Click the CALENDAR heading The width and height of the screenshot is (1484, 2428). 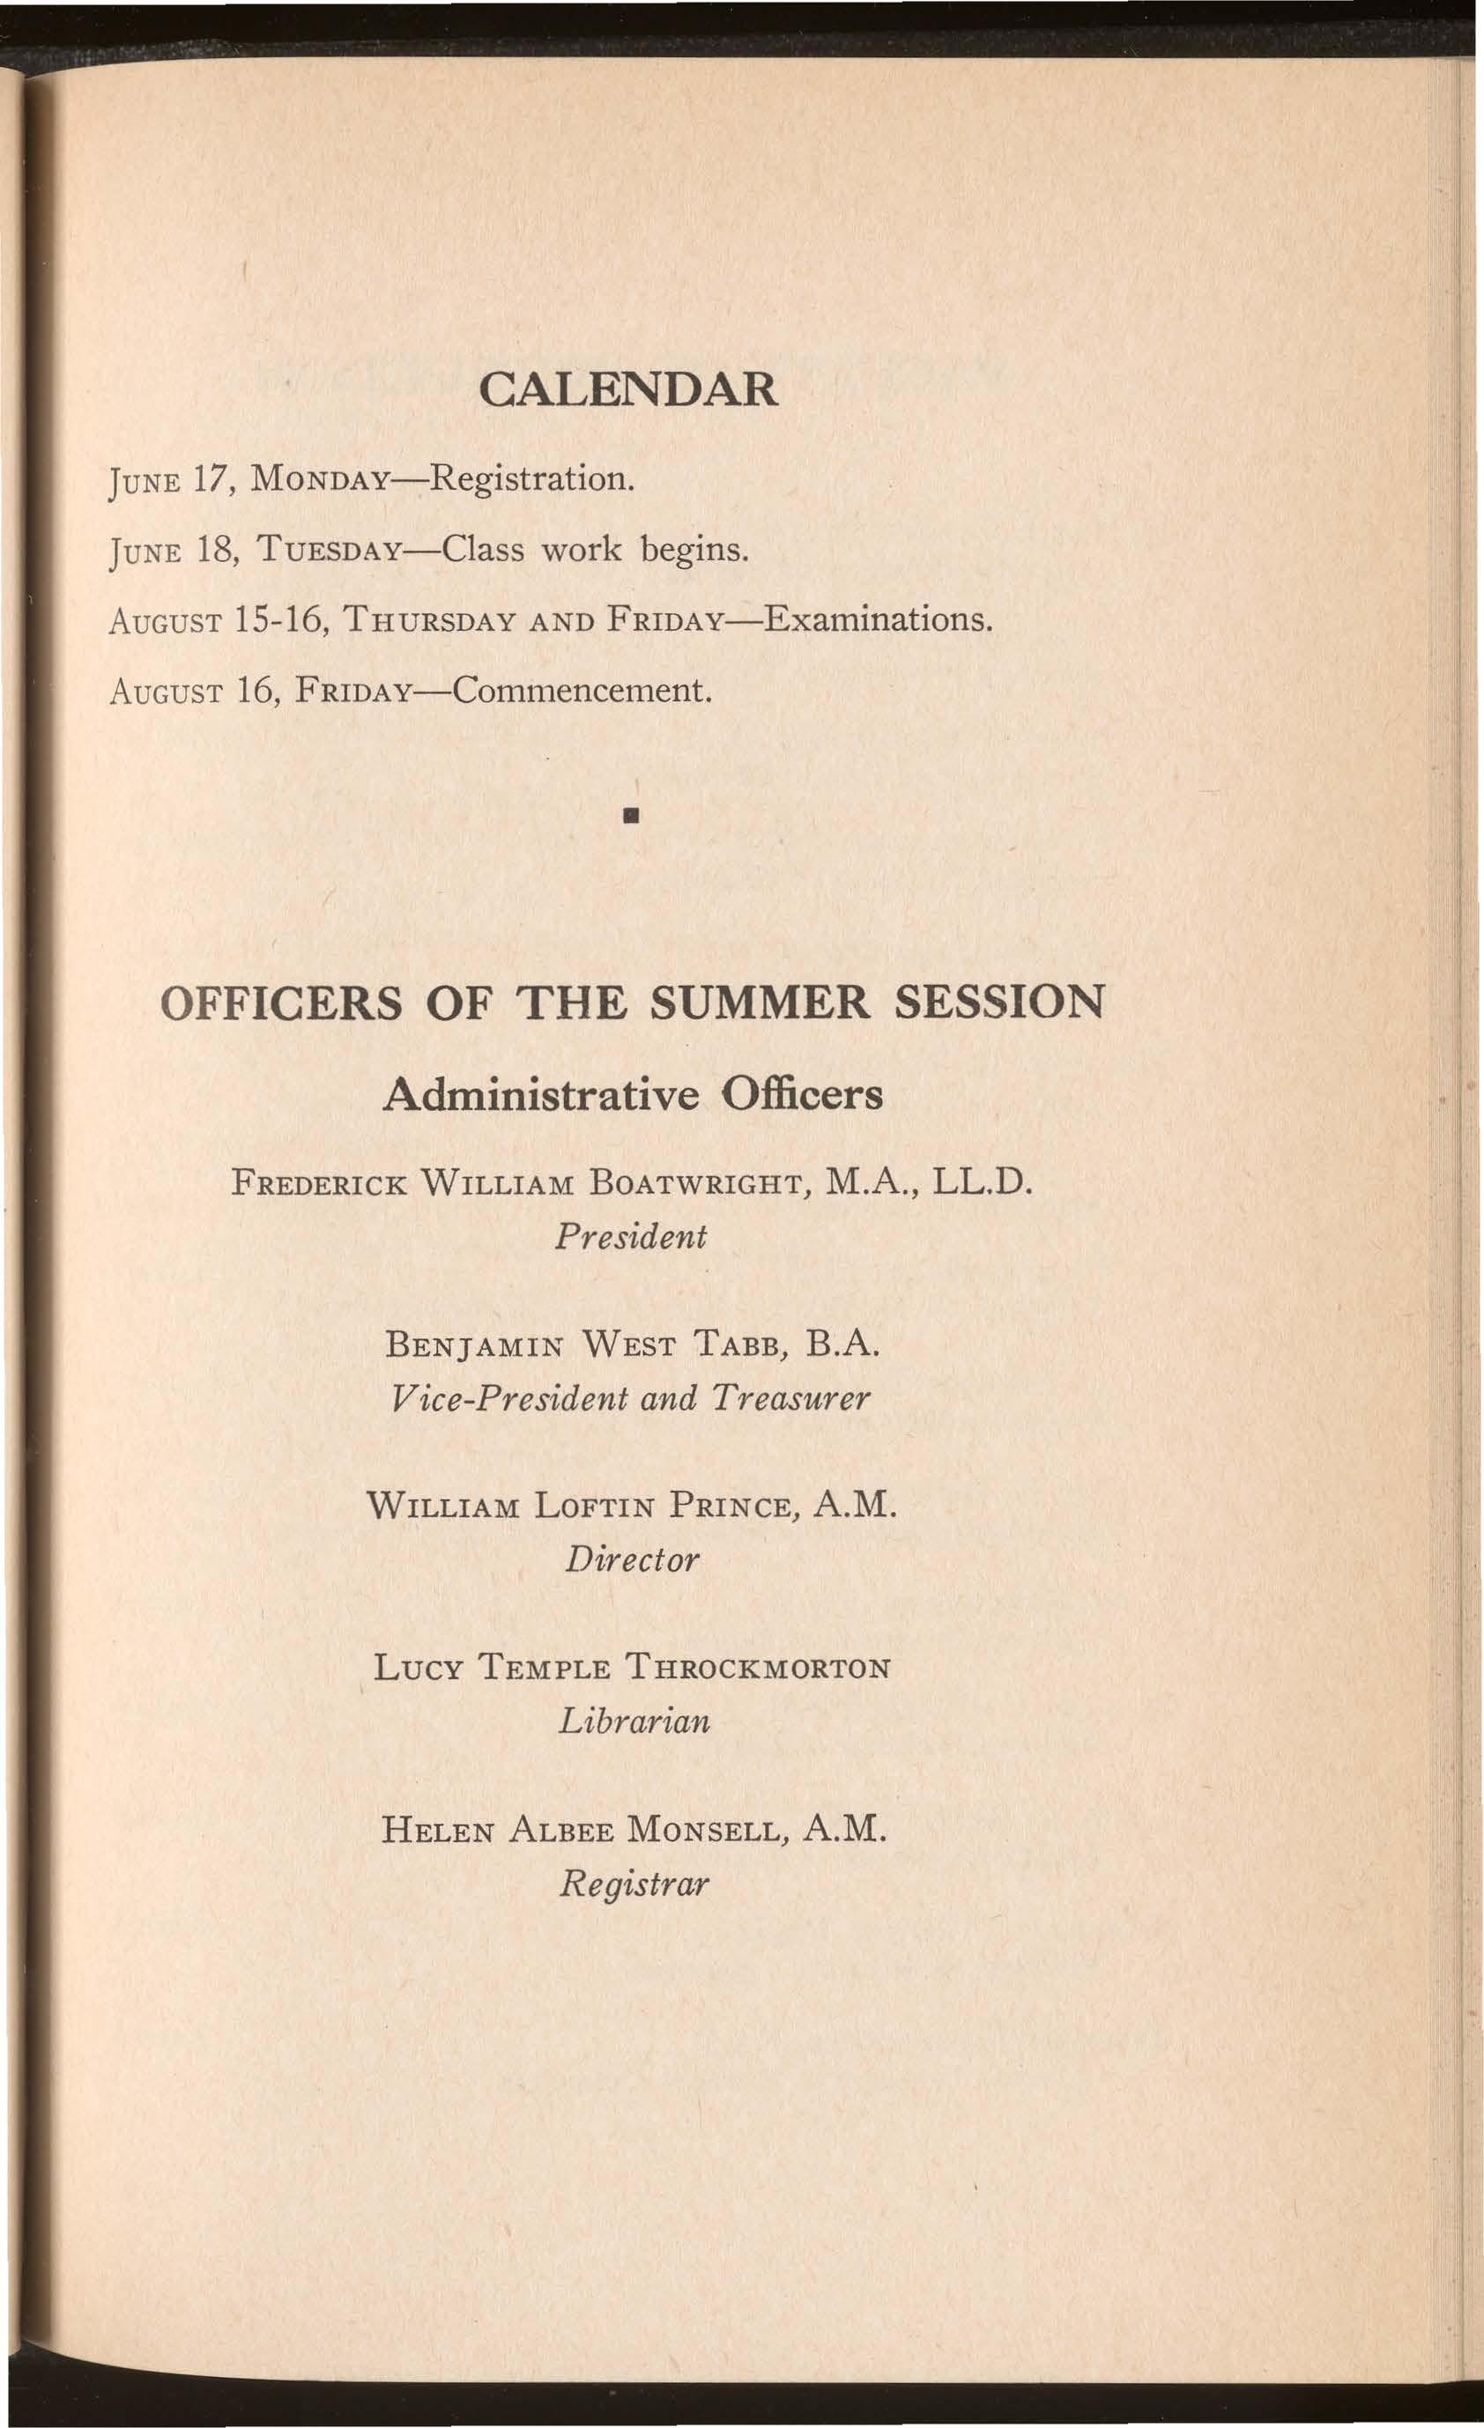[627, 390]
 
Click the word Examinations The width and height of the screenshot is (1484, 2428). [875, 620]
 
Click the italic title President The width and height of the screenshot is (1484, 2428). [631, 1236]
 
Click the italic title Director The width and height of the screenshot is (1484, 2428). [632, 1560]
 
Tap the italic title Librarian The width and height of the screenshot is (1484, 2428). [633, 1722]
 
